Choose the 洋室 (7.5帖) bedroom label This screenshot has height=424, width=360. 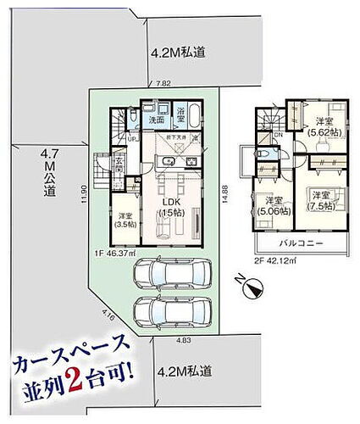coord(321,200)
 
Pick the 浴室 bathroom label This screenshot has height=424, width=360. coord(180,111)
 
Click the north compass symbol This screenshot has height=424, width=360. coord(247,288)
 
